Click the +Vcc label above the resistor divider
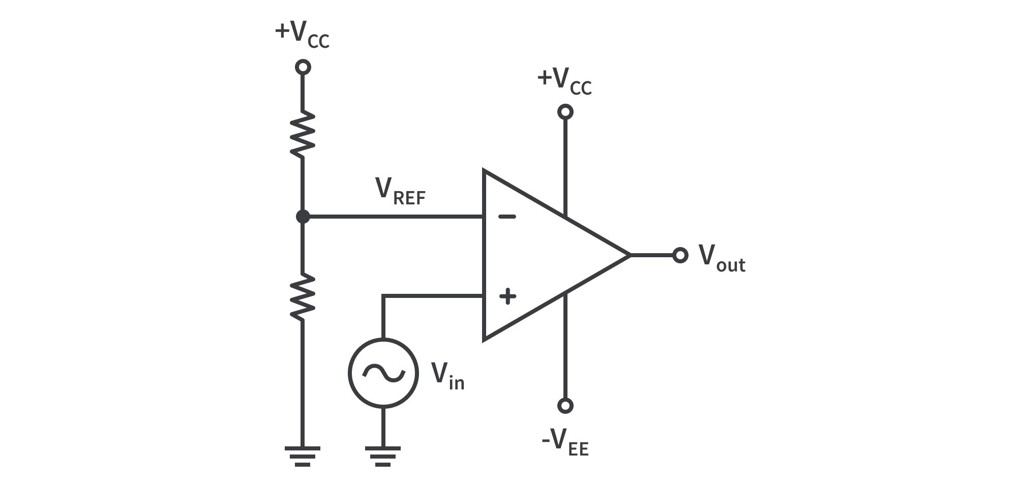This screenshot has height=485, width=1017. (x=302, y=34)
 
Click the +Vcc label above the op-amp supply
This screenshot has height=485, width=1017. (x=564, y=81)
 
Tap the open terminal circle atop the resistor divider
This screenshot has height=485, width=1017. (x=303, y=67)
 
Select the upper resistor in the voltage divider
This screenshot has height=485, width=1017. (x=303, y=135)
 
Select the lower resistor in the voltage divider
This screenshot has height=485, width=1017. (x=303, y=297)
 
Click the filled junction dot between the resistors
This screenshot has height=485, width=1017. (x=303, y=217)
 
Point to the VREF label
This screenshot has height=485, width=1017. (x=400, y=192)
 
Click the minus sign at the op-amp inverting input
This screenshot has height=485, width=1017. (x=506, y=217)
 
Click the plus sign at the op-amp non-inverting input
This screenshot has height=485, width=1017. (x=507, y=296)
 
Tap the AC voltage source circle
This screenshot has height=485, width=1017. (x=383, y=373)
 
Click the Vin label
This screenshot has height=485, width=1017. (x=447, y=376)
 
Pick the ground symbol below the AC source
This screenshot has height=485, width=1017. (x=383, y=456)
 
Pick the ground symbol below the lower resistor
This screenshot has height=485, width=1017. (x=303, y=456)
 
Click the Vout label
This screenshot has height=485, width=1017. (x=721, y=258)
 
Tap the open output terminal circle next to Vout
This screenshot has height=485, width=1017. (x=680, y=255)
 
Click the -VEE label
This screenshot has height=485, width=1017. (x=565, y=442)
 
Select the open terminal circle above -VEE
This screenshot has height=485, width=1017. (x=565, y=405)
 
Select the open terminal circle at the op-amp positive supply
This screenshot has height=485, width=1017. (x=565, y=112)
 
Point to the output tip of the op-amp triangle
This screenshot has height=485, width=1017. (x=629, y=255)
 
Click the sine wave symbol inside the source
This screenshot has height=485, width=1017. (x=383, y=374)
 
